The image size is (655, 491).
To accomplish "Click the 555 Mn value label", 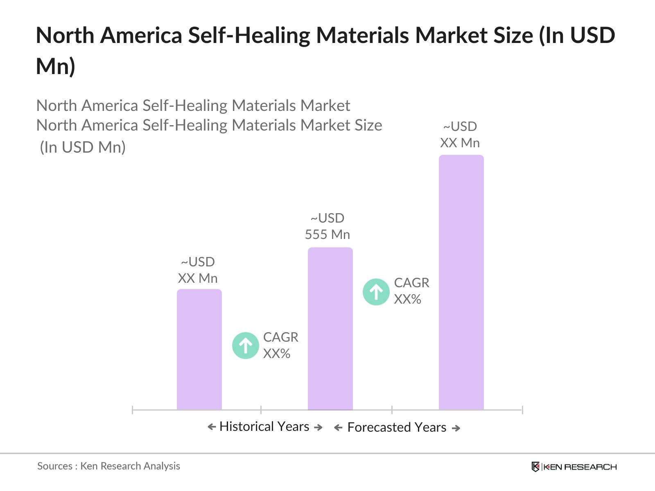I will coord(327,234).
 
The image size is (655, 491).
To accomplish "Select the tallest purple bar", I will coord(461,282).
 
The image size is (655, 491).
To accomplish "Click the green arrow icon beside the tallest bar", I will coord(376,292).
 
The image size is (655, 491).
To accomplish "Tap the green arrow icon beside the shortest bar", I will coord(245,345).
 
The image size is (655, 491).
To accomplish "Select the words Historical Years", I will coord(264,426).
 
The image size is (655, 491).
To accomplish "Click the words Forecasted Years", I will coord(396,427).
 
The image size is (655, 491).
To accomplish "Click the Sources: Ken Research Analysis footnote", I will coord(108,466).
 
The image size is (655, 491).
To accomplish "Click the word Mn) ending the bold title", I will coord(56,66).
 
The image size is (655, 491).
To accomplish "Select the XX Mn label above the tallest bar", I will coord(460,143).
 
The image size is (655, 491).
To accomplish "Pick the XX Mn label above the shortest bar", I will coord(197,278).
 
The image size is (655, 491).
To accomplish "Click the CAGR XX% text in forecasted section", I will coord(411,291).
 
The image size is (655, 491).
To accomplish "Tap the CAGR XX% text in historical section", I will coord(280,345).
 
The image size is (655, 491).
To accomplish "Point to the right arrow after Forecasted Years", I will coord(456,428).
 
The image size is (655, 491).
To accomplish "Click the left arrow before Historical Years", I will coord(212,427).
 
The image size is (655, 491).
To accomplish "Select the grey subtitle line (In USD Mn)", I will coord(82,147).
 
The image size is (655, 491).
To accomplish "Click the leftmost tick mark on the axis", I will coord(133,410).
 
